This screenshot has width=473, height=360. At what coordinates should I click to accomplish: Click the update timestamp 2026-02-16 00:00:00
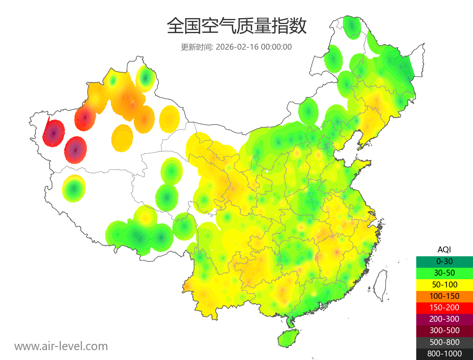coord(254,47)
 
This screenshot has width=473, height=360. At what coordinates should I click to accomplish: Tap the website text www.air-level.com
coord(61,346)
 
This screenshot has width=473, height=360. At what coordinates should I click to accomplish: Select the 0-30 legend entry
coord(444,261)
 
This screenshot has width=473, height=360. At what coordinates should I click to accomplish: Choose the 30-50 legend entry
coord(444,272)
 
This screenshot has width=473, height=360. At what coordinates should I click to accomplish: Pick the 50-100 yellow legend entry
coord(444,284)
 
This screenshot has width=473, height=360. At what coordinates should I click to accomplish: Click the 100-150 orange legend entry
coord(444,296)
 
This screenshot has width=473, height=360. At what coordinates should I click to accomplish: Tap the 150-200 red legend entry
coord(444,308)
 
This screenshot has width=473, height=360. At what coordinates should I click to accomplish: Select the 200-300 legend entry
coord(444,319)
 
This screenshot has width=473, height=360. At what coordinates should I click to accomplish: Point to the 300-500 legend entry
coord(444,330)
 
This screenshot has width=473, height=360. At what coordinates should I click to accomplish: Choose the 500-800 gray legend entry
coord(444,342)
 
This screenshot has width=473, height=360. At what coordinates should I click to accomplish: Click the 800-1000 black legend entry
coord(444,354)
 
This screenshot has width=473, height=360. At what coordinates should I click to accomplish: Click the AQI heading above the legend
coord(444,250)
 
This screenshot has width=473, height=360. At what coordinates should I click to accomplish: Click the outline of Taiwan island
coord(380,286)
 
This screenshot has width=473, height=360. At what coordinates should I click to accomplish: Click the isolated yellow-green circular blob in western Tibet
coord(74,189)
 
